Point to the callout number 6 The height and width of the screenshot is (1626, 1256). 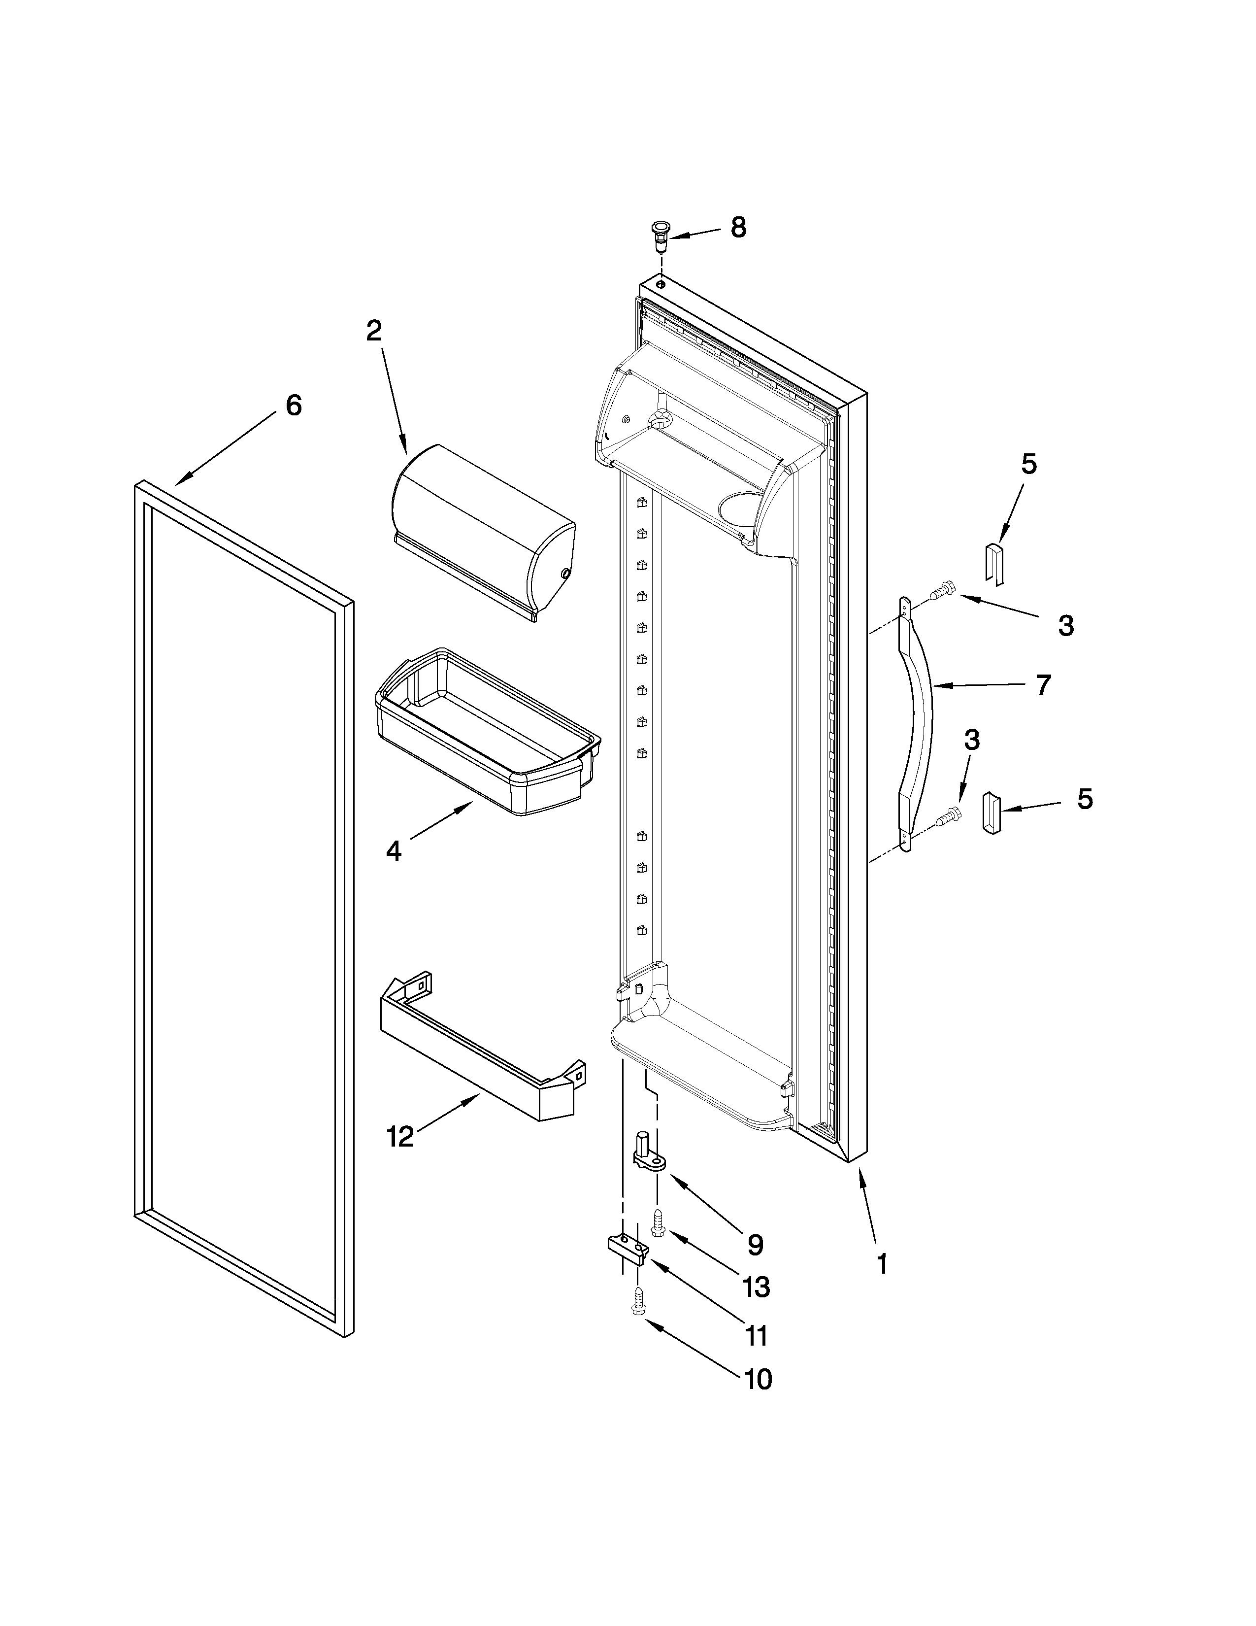(294, 406)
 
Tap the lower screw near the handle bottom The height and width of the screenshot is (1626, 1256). (945, 817)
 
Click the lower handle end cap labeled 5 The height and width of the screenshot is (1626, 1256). (992, 814)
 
